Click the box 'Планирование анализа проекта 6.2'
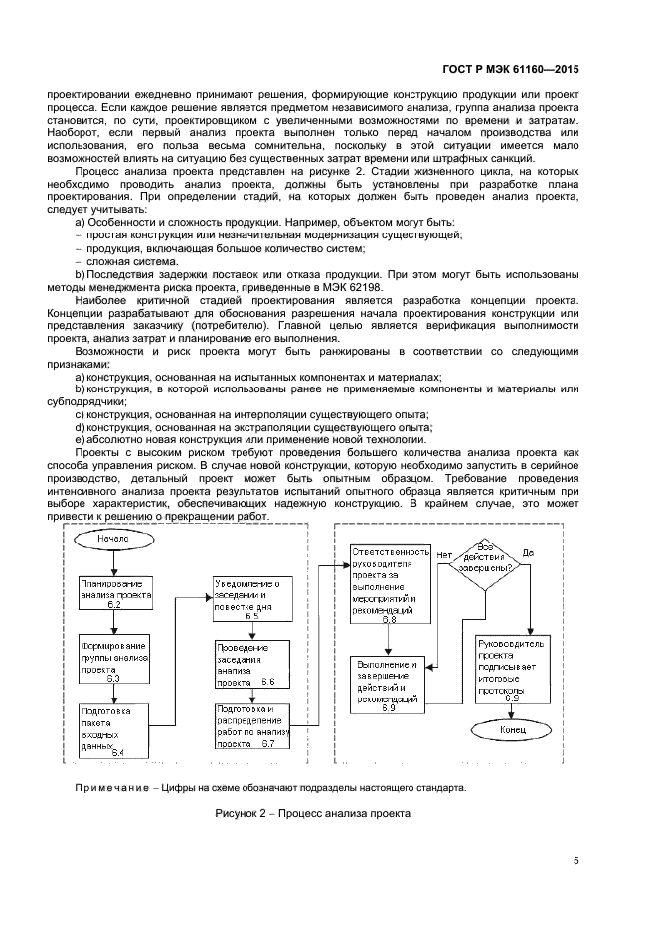pos(114,592)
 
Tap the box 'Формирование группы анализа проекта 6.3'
pos(114,656)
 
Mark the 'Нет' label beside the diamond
pos(444,553)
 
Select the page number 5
pos(576,861)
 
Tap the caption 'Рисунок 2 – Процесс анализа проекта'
pos(311,813)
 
